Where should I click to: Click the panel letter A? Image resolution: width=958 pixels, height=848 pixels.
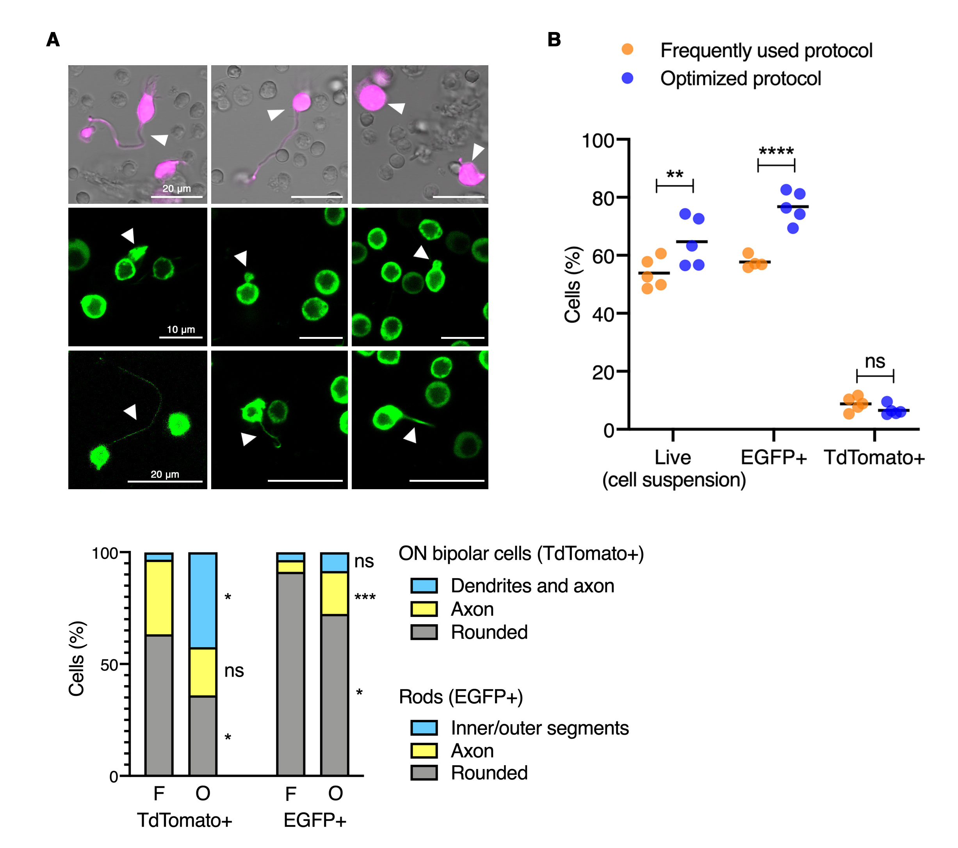tap(53, 40)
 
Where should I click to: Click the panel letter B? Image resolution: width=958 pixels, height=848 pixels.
tap(554, 40)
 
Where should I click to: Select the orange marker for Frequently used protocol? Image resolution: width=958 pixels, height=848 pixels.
tap(627, 50)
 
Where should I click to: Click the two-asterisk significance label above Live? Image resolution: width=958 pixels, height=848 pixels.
tap(675, 175)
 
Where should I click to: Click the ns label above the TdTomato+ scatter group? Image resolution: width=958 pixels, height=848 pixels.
tap(874, 362)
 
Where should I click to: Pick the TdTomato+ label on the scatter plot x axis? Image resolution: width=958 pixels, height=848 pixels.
tap(874, 458)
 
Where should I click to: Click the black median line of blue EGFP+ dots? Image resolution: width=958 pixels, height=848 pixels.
tap(792, 207)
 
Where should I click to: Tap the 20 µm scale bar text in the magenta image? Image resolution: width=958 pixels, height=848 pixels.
tap(177, 189)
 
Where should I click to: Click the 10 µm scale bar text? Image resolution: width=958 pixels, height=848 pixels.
tap(181, 330)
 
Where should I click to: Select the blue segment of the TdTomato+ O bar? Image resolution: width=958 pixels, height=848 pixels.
tap(203, 600)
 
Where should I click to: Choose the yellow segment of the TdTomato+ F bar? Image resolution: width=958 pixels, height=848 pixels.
tap(159, 598)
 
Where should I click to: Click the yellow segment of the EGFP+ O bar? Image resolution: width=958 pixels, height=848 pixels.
tap(335, 593)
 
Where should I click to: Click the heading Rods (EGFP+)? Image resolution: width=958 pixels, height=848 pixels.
tap(461, 697)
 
